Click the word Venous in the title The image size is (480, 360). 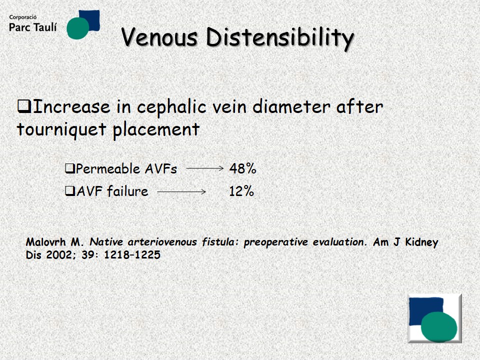(x=159, y=37)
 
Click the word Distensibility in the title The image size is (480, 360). (x=280, y=38)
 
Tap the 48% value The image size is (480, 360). (x=242, y=168)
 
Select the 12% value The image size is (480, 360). (x=241, y=191)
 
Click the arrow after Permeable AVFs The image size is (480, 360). (x=205, y=168)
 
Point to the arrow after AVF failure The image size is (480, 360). (x=181, y=191)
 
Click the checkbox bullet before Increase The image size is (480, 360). (x=24, y=106)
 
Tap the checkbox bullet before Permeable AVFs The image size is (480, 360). (x=70, y=168)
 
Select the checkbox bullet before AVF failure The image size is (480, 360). (x=70, y=191)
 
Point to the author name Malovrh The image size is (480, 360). (x=45, y=242)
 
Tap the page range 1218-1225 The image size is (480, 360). (x=132, y=254)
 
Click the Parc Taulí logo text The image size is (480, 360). (x=33, y=27)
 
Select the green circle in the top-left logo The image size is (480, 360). (x=78, y=28)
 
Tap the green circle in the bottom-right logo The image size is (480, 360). (x=439, y=326)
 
